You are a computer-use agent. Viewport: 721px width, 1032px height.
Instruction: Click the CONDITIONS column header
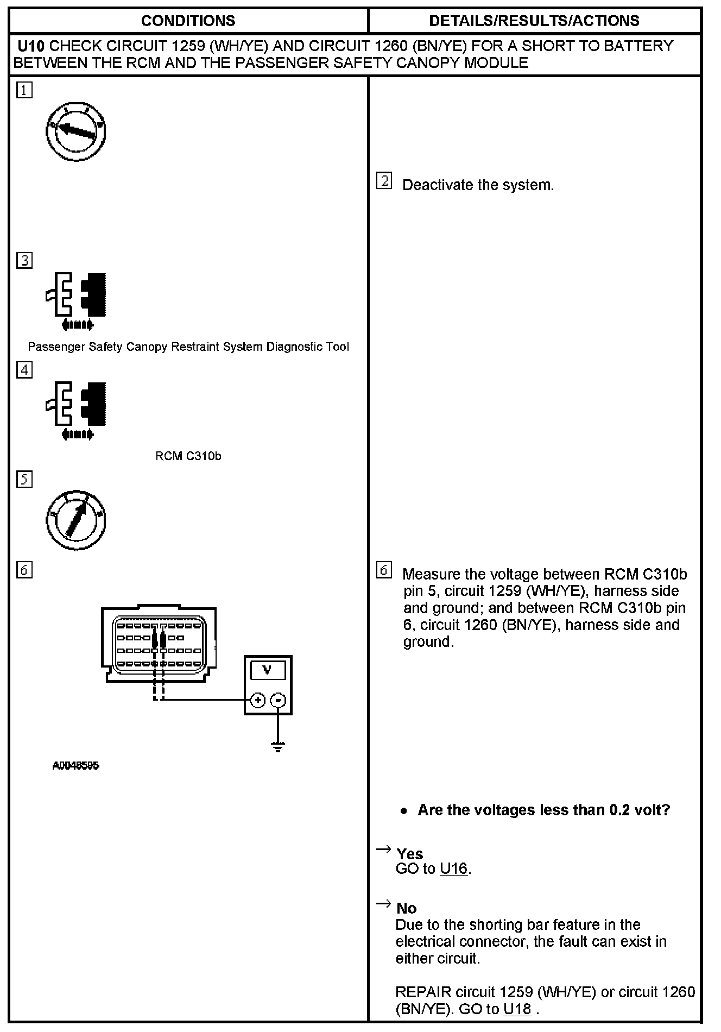tap(188, 21)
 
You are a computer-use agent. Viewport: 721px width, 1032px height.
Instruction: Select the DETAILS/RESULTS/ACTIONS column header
tap(534, 21)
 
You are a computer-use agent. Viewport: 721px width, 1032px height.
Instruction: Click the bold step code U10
tap(31, 46)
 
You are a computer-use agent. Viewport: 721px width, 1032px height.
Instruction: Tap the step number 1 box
tap(24, 90)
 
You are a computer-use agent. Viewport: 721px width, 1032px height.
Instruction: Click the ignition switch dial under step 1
tap(76, 132)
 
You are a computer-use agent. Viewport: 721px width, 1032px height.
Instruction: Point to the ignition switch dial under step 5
tap(76, 521)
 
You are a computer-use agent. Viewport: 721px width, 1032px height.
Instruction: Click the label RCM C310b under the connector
tap(188, 456)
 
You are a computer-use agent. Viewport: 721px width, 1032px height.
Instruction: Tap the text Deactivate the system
tap(478, 185)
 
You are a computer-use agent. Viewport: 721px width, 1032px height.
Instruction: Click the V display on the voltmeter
tap(267, 670)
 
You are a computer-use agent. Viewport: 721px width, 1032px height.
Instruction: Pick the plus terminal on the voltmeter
tap(258, 700)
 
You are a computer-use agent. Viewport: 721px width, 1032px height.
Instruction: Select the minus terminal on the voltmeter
tap(278, 700)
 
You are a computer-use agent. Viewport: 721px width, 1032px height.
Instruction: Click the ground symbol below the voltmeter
tap(278, 747)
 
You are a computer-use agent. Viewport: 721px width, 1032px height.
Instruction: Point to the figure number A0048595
tap(75, 766)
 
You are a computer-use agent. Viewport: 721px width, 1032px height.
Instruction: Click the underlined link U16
tap(453, 869)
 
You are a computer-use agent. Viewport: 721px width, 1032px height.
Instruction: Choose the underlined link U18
tap(517, 1009)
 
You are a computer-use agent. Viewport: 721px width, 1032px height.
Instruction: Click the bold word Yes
tap(410, 854)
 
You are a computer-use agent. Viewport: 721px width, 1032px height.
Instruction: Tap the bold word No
tap(407, 908)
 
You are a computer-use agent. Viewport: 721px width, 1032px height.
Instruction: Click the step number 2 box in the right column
tap(384, 181)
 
